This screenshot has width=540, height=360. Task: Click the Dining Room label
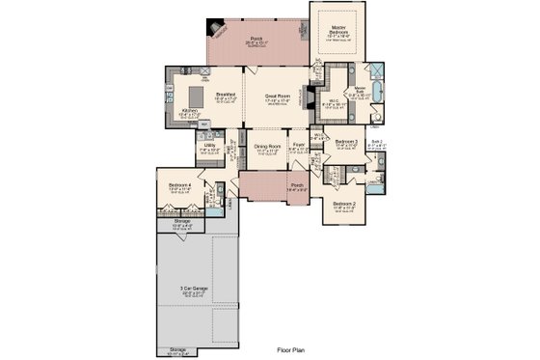(267, 147)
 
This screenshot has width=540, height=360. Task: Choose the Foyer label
(299, 146)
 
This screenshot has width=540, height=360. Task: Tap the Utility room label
(209, 146)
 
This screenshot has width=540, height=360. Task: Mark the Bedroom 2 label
(344, 205)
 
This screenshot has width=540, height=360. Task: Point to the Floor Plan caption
(290, 351)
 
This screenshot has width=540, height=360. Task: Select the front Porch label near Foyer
(297, 185)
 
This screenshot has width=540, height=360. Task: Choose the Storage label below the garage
(178, 349)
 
